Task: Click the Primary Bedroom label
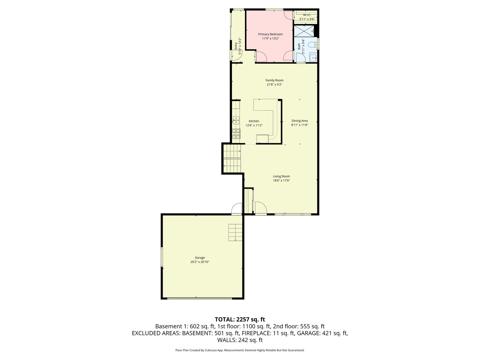(x=270, y=34)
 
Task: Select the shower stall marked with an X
(x=303, y=31)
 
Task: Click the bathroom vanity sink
(x=313, y=58)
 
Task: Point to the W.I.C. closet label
(x=307, y=15)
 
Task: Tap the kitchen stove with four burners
(x=236, y=134)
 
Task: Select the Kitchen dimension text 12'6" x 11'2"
(x=254, y=126)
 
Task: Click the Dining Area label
(x=299, y=121)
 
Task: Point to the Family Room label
(x=274, y=80)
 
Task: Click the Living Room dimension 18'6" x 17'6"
(x=281, y=181)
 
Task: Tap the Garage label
(x=200, y=258)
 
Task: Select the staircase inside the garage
(x=235, y=232)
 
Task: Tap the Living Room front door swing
(x=261, y=208)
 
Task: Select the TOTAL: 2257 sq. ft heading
(x=240, y=319)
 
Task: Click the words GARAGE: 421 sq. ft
(x=322, y=333)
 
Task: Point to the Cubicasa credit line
(x=240, y=350)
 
